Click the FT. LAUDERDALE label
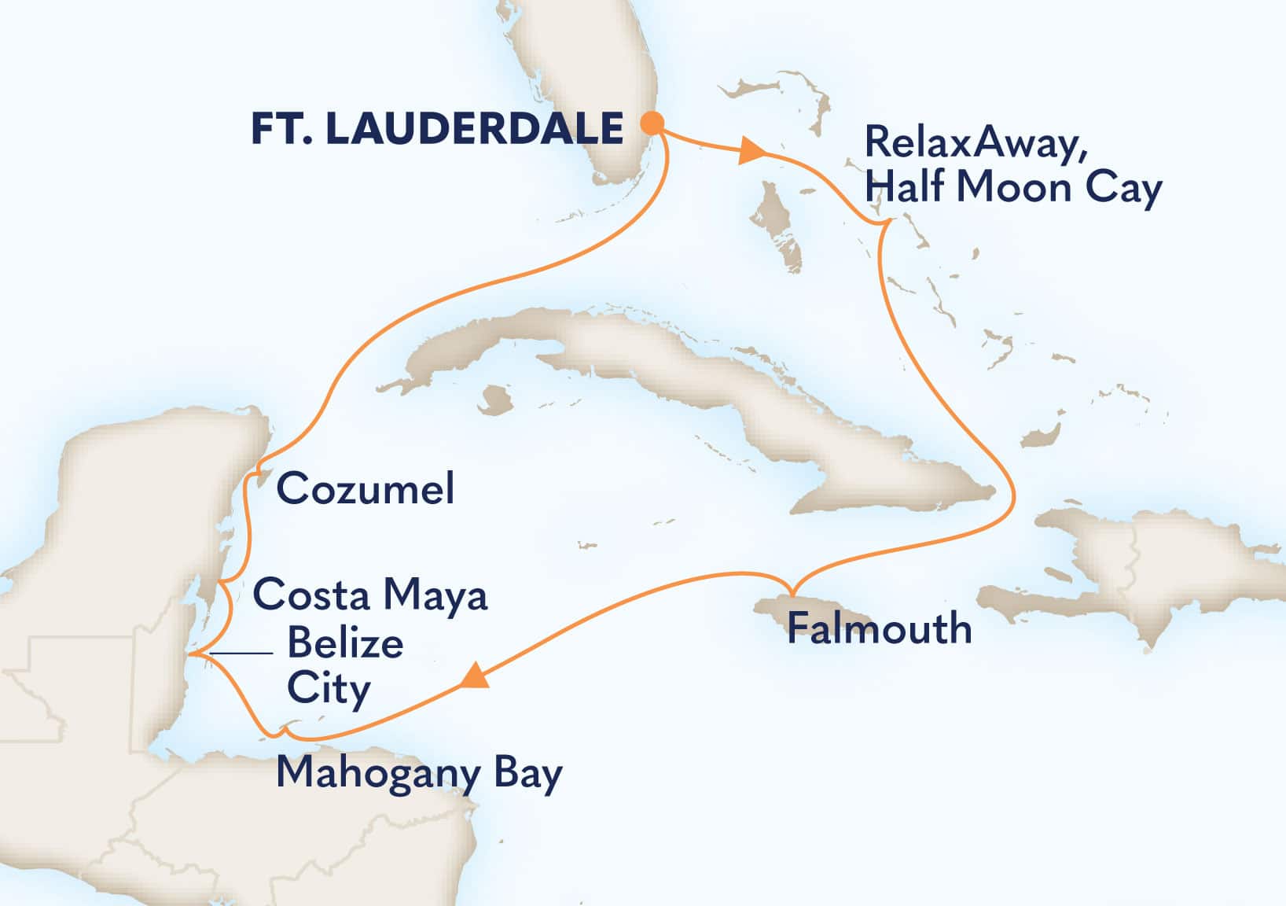tap(437, 128)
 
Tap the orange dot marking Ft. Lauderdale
tap(652, 123)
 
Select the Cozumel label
tap(366, 488)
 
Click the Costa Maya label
tap(370, 595)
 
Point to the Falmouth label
tap(879, 628)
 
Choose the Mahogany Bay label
tap(419, 774)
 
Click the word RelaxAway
tap(975, 143)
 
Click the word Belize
tap(345, 643)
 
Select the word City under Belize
tap(329, 689)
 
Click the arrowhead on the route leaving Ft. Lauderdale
tap(751, 151)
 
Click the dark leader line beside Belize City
tap(241, 654)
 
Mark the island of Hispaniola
tap(1132, 566)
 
